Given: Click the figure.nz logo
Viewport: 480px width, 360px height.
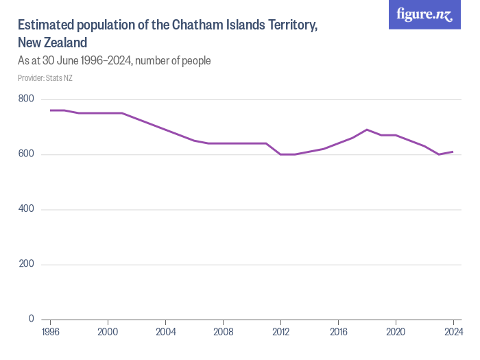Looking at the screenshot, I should pos(424,15).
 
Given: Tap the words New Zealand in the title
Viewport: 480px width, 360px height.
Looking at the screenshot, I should pos(52,43).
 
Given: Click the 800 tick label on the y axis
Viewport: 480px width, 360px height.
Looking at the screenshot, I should pos(26,99).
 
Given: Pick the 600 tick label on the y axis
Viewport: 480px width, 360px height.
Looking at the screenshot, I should pos(26,154).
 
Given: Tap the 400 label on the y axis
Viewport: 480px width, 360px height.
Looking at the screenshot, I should pos(26,209).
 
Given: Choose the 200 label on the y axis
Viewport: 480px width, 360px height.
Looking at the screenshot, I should pos(26,264).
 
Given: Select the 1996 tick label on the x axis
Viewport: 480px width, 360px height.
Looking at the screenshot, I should pos(51,333).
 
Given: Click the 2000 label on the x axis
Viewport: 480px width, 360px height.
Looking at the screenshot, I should pos(108,333).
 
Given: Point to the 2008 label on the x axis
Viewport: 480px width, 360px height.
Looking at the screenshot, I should pos(223,333).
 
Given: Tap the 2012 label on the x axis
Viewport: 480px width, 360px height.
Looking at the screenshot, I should pos(280,333).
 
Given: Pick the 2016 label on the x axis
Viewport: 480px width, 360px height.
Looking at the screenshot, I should pos(338,333).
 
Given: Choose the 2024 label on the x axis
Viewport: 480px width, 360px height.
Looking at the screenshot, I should pos(453,333).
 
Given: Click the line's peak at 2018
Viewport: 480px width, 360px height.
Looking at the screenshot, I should pos(367,130).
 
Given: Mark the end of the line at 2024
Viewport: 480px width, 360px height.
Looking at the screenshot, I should pos(453,152).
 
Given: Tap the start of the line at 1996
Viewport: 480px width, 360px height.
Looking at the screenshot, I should pos(51,110).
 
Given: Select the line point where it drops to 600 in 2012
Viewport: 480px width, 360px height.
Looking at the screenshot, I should pos(280,154).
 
